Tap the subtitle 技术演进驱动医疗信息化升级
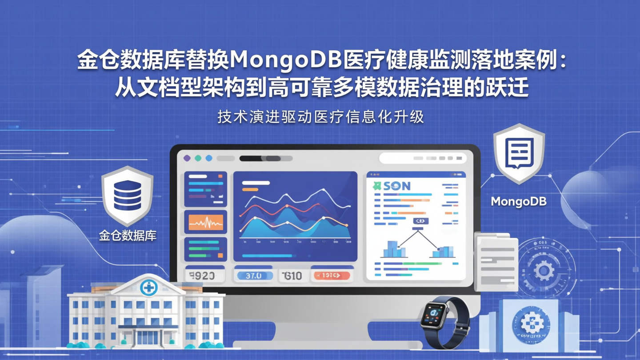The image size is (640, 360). point(320,116)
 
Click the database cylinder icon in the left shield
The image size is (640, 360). point(127,195)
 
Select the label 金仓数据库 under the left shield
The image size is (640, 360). point(128,236)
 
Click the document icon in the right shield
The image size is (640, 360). point(519,153)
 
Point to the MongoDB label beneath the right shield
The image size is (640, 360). point(518,201)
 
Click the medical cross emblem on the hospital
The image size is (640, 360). point(148,288)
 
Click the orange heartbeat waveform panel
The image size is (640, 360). point(205,222)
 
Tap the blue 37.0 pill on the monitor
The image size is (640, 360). point(253,276)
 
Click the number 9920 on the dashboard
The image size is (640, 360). point(202,276)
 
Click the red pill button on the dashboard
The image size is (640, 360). point(332,276)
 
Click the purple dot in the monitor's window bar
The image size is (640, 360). point(187,158)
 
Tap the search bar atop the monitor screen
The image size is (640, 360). point(422,158)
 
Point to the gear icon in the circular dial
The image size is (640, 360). point(543,270)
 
